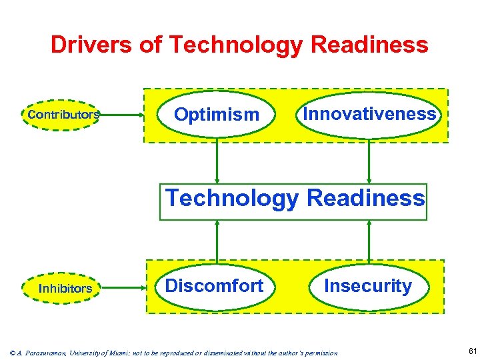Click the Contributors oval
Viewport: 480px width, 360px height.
click(63, 115)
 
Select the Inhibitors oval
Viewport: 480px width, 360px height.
click(65, 289)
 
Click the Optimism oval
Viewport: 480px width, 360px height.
click(216, 115)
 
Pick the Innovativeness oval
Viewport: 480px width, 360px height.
click(369, 114)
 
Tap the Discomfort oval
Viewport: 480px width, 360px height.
click(214, 286)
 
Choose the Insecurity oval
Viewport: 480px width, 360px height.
click(367, 286)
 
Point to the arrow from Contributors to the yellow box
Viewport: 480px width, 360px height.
click(123, 115)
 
